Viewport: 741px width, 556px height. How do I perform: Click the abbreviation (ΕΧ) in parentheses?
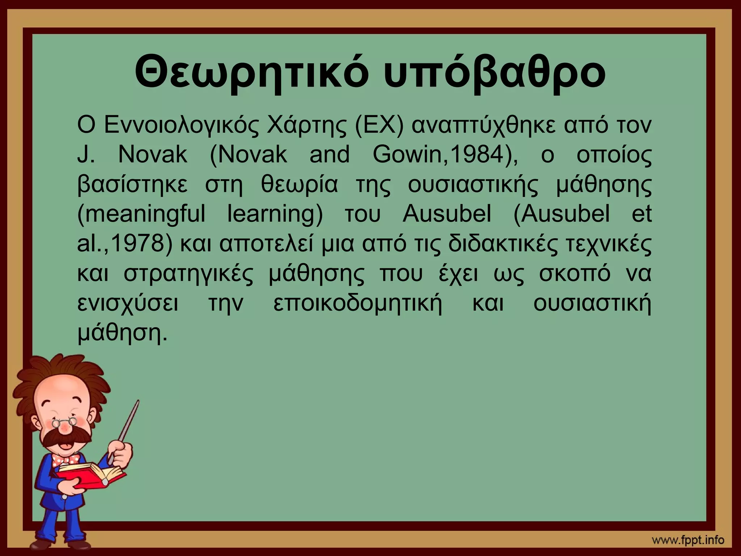pos(378,126)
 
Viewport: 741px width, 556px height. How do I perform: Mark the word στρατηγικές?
pos(188,274)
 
